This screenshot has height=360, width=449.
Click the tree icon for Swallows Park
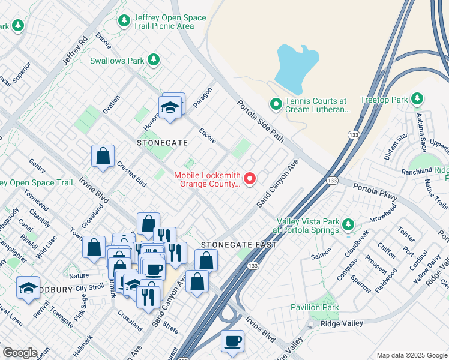pyautogui.click(x=154, y=59)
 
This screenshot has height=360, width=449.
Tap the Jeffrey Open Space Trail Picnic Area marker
pyautogui.click(x=125, y=21)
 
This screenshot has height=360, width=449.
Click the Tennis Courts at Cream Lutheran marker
pyautogui.click(x=276, y=105)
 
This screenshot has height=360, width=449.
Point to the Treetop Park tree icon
pyautogui.click(x=417, y=99)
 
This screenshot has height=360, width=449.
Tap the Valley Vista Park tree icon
pyautogui.click(x=348, y=226)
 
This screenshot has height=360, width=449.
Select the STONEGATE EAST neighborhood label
pyautogui.click(x=239, y=245)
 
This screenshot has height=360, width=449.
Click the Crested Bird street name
pyautogui.click(x=132, y=174)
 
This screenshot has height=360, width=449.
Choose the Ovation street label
pyautogui.click(x=111, y=104)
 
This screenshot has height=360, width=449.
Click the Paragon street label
pyautogui.click(x=203, y=98)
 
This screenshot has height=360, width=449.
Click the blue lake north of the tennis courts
pyautogui.click(x=296, y=68)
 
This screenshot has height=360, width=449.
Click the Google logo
pyautogui.click(x=20, y=353)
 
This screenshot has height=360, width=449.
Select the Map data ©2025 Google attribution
pyautogui.click(x=411, y=355)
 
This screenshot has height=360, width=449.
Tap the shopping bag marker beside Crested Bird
pyautogui.click(x=103, y=156)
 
